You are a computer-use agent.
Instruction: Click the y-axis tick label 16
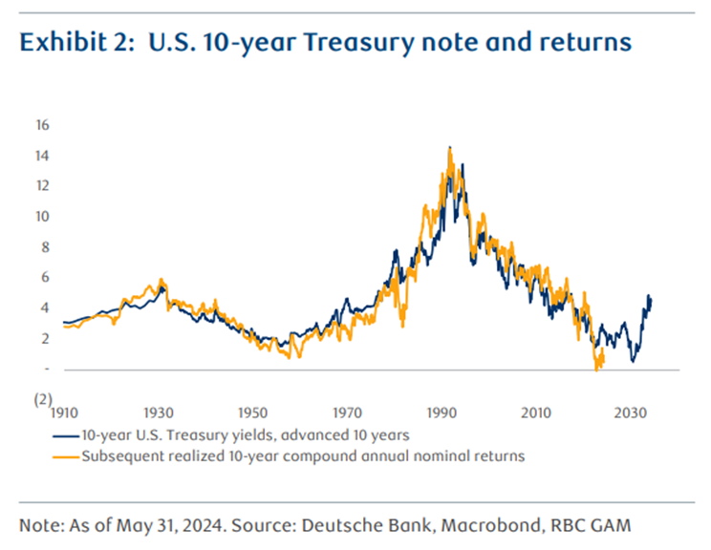[x=42, y=125]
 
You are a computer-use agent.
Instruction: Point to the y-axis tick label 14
[x=42, y=156]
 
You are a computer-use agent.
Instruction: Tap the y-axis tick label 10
[x=42, y=217]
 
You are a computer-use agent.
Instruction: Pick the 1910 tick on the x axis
[x=64, y=412]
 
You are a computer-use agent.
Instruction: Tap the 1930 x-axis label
[x=159, y=412]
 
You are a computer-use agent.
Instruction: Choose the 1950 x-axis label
[x=252, y=412]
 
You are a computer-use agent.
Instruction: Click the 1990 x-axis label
[x=442, y=412]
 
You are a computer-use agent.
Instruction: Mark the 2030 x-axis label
[x=630, y=412]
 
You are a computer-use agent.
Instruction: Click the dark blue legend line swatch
[x=65, y=434]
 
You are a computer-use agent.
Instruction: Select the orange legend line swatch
[x=65, y=455]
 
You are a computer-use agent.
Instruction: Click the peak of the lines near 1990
[x=449, y=148]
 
